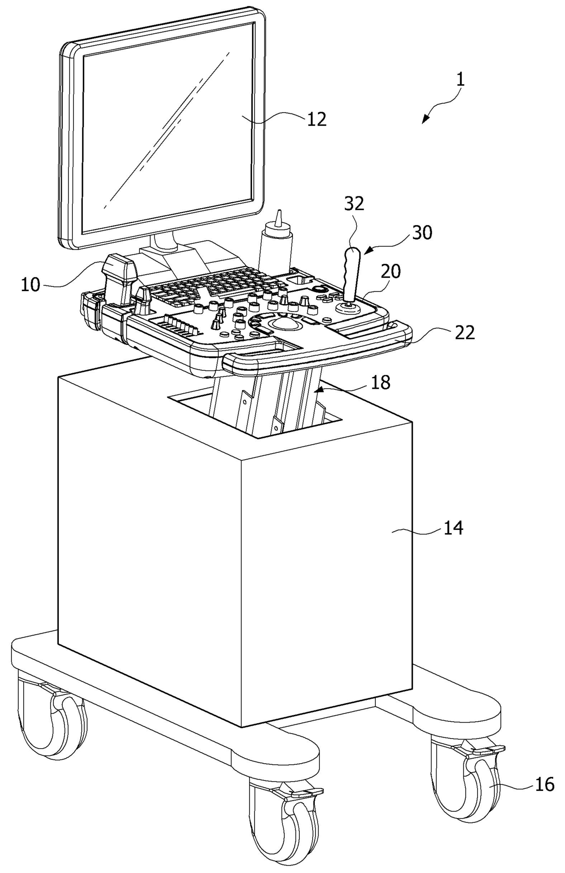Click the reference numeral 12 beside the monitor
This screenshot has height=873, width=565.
point(317,119)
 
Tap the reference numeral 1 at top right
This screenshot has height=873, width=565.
point(461,80)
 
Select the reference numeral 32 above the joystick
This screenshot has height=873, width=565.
point(354,204)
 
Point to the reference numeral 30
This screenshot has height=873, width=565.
point(422,232)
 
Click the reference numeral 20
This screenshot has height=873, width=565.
point(391,272)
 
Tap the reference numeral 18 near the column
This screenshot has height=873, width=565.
point(381,382)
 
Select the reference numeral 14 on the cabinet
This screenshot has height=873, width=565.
point(453,528)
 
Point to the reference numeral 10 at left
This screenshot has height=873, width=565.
point(31,285)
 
